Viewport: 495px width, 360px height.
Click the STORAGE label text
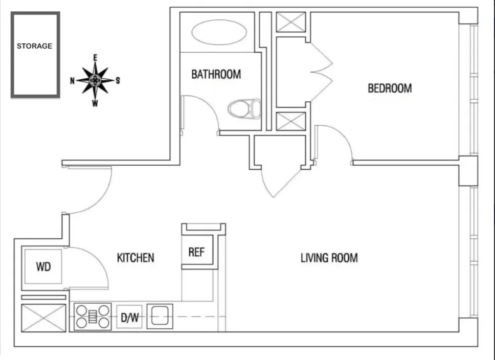tap(35, 46)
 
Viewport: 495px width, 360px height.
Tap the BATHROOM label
tap(216, 74)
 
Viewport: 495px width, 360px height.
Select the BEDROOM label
tap(390, 88)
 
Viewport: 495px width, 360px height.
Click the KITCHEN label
tap(136, 257)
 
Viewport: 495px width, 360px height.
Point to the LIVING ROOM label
tap(329, 257)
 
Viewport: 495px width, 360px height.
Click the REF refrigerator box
tap(196, 252)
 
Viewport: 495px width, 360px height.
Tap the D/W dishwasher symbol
tap(129, 318)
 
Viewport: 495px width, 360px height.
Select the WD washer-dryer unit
tap(43, 266)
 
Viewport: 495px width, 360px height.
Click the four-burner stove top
tap(93, 317)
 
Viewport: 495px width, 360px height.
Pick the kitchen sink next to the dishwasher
tap(160, 316)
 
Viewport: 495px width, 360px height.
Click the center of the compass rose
tap(95, 80)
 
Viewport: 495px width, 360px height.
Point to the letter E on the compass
tap(95, 57)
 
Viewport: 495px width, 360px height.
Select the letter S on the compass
tap(118, 80)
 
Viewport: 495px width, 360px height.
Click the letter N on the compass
tap(73, 80)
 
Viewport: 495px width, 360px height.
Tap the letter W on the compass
tap(95, 103)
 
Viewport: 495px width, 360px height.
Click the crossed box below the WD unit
tap(43, 318)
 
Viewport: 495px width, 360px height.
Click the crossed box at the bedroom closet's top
tap(291, 23)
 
